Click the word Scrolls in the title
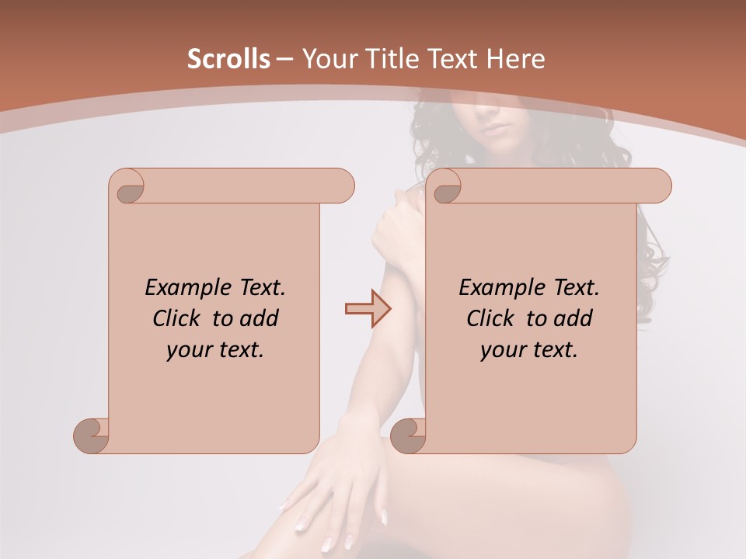[x=228, y=59]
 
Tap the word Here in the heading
[x=515, y=59]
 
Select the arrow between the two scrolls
[x=368, y=309]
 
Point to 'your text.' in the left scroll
[x=215, y=350]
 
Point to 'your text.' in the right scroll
[x=529, y=350]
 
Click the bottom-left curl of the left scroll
[x=92, y=435]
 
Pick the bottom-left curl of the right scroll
[x=409, y=435]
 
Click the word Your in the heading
[x=329, y=59]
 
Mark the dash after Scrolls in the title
[x=285, y=59]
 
